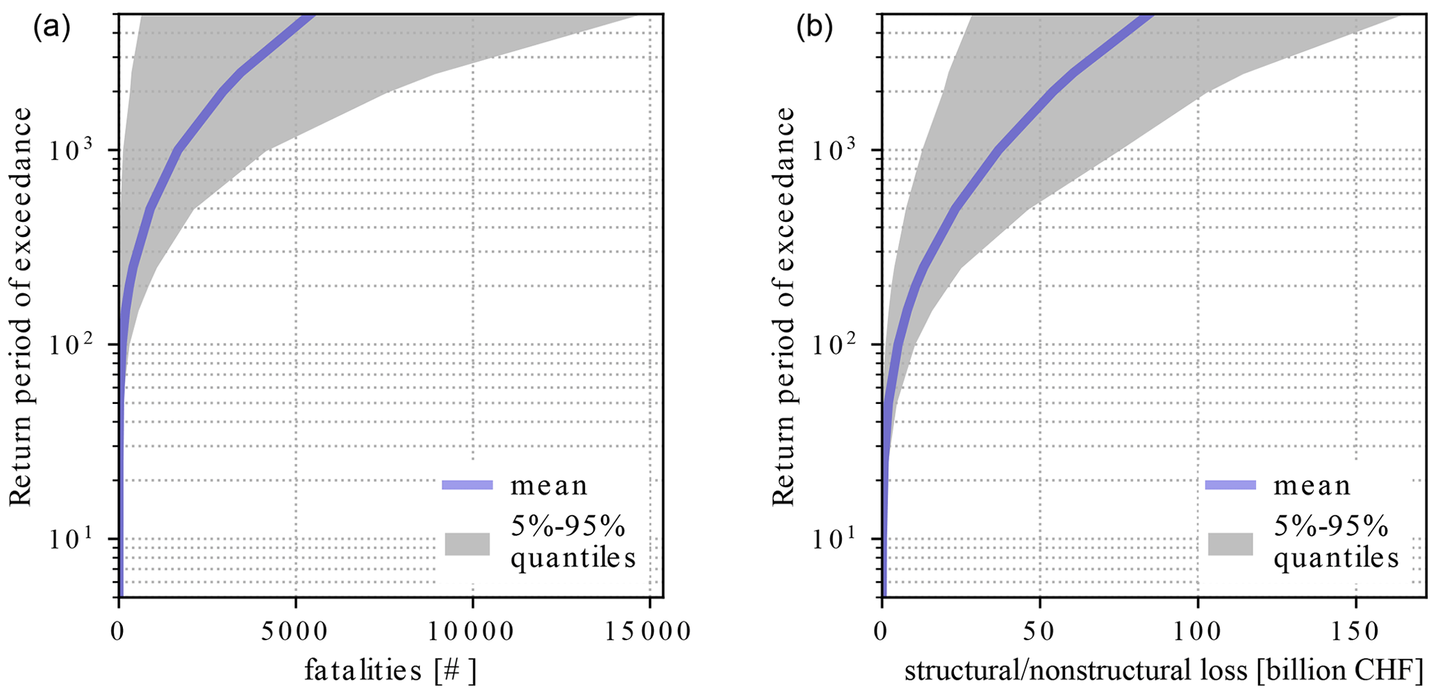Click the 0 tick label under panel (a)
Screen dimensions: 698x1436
coord(119,632)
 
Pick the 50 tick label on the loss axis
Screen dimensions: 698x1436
coord(1040,632)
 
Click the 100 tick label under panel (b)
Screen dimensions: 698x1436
coord(1198,632)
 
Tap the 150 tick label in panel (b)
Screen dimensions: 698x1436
coord(1356,632)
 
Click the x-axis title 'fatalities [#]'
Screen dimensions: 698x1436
coord(390,671)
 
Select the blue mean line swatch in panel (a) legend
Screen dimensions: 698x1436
coord(468,485)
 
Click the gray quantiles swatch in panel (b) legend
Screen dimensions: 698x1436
coord(1230,544)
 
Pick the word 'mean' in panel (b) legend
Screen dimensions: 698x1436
coord(1312,485)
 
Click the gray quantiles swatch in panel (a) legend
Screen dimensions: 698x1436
coord(468,544)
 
